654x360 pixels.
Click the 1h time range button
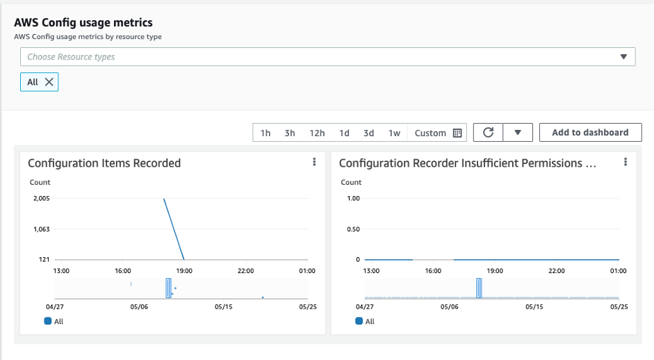pos(265,133)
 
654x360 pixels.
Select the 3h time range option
pos(290,133)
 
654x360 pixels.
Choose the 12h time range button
pos(317,133)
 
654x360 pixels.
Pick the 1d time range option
pos(344,133)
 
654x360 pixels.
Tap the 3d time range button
pos(368,133)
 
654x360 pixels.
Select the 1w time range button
pos(394,133)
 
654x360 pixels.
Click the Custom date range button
pos(438,133)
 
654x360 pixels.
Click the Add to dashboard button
pos(590,132)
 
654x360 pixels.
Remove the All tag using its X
pos(49,82)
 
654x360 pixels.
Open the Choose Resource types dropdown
pos(327,57)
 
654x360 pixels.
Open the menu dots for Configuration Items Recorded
pos(314,162)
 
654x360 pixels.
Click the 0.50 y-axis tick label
pos(352,229)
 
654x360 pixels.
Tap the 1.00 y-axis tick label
pos(352,198)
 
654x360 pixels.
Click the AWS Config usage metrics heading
pos(83,23)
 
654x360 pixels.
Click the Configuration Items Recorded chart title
pos(104,163)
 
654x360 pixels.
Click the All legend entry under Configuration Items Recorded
pos(54,321)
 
